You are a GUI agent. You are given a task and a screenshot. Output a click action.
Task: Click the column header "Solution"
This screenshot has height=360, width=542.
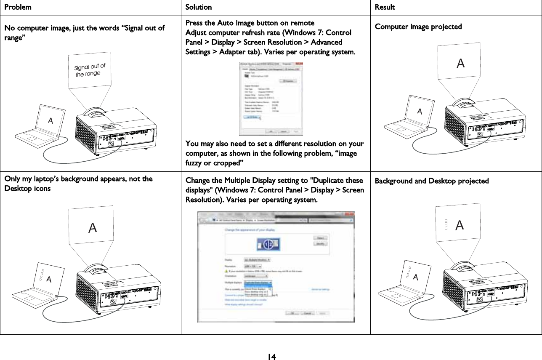tap(199, 7)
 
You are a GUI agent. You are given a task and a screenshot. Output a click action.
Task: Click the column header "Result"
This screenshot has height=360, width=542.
tap(385, 7)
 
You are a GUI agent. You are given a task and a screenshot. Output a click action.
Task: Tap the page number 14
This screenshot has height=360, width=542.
tap(271, 357)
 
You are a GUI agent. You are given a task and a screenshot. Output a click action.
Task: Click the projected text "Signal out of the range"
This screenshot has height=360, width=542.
tap(89, 70)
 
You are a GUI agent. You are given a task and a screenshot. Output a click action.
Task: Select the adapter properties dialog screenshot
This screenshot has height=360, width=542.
tap(271, 99)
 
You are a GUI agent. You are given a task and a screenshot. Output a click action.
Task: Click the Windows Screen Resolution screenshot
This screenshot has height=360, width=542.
tap(276, 267)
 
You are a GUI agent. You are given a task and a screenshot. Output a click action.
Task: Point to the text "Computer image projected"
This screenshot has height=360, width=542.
tap(418, 27)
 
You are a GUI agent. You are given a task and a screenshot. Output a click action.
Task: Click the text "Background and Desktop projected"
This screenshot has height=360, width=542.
tap(432, 181)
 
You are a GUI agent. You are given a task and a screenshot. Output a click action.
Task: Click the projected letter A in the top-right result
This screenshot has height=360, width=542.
tap(461, 63)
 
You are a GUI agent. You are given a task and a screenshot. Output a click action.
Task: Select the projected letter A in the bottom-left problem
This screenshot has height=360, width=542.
tap(92, 228)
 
